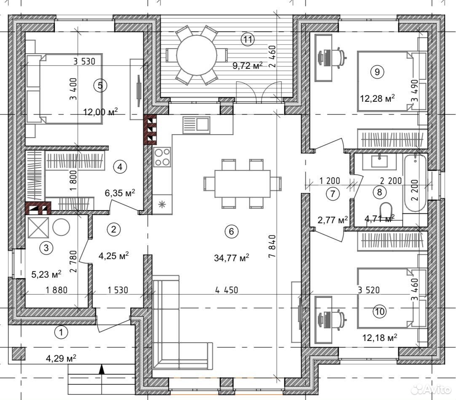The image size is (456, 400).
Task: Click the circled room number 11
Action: [247, 39]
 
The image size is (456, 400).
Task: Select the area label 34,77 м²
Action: [231, 258]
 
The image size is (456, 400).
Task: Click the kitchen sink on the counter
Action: [196, 124]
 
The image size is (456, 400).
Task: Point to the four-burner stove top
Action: [162, 157]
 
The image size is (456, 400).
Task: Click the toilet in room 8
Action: [386, 211]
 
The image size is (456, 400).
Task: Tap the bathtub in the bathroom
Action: [415, 183]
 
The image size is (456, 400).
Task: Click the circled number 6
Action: [231, 231]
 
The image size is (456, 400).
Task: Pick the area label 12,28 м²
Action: [377, 98]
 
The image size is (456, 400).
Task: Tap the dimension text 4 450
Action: [227, 290]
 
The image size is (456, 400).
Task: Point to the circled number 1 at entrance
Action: [62, 332]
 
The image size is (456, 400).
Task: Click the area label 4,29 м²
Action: [61, 358]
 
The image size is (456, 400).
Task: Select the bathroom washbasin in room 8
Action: [379, 161]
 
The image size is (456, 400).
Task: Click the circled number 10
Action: [380, 312]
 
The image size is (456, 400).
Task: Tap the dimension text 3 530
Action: [84, 62]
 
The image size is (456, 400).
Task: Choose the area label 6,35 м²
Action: [120, 193]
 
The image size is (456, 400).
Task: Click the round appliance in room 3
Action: [61, 227]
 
